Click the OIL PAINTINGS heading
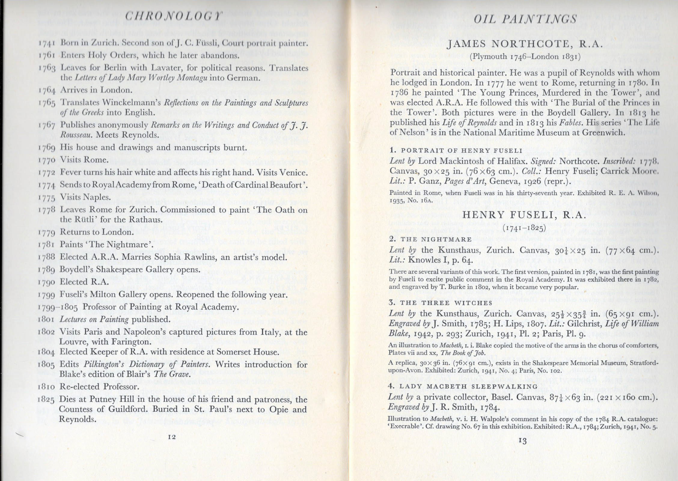(x=525, y=19)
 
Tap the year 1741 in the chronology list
(x=46, y=43)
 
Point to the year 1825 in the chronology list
(x=46, y=400)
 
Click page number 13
(x=523, y=441)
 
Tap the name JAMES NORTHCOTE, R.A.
(x=524, y=44)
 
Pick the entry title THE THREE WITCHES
(x=446, y=303)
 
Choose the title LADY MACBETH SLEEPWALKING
(x=469, y=386)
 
